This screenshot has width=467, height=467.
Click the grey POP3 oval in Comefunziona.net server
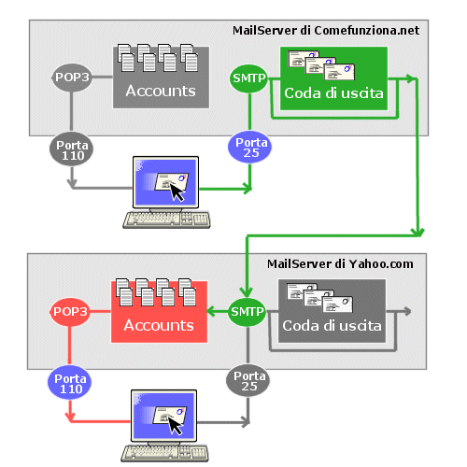tap(72, 78)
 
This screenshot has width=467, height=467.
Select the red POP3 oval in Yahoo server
tap(70, 312)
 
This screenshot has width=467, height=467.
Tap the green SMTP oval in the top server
tap(249, 78)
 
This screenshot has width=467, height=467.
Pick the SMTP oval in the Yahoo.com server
tap(248, 312)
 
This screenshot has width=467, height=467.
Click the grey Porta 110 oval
tap(72, 149)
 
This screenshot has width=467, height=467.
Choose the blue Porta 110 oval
tap(70, 383)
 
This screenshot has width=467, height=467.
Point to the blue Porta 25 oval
tap(249, 147)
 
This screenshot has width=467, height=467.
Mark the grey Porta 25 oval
tap(248, 380)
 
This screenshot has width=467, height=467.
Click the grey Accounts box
tap(161, 78)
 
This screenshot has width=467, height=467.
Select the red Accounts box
tap(159, 312)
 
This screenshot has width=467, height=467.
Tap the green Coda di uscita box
tap(333, 78)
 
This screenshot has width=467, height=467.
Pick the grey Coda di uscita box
tap(332, 311)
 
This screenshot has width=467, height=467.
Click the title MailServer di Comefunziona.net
tap(326, 31)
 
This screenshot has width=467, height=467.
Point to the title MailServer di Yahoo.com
tap(340, 264)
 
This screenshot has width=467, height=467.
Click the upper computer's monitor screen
tap(166, 182)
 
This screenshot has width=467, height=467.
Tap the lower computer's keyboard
tap(164, 453)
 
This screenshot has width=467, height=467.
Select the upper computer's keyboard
tap(166, 219)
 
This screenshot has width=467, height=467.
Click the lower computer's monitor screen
tap(164, 416)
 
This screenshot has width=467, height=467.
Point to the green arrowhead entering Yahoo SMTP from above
tap(247, 292)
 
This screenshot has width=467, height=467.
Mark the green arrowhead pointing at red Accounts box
tap(212, 311)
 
